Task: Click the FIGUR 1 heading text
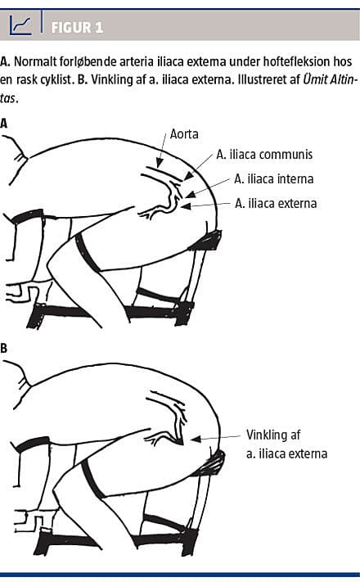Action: pyautogui.click(x=77, y=28)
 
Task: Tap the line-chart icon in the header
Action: pyautogui.click(x=20, y=25)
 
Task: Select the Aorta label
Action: pyautogui.click(x=184, y=134)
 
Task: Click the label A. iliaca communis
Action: pyautogui.click(x=264, y=155)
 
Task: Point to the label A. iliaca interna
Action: pyautogui.click(x=274, y=179)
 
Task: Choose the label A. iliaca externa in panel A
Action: pyautogui.click(x=276, y=203)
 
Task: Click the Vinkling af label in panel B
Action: pyautogui.click(x=273, y=435)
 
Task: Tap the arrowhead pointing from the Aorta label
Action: pyautogui.click(x=160, y=163)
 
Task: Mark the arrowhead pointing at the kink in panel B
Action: pyautogui.click(x=196, y=439)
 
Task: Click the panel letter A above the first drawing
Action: pyautogui.click(x=4, y=124)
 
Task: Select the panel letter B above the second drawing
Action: pyautogui.click(x=4, y=349)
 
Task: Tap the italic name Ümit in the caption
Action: pyautogui.click(x=315, y=79)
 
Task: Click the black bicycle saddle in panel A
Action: pyautogui.click(x=207, y=240)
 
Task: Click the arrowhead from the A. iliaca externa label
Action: pyautogui.click(x=186, y=205)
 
